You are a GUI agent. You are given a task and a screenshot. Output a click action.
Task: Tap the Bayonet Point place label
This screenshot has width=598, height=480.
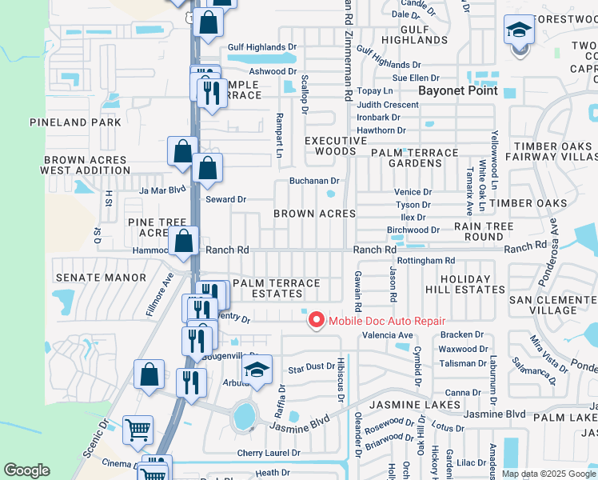pos(459,90)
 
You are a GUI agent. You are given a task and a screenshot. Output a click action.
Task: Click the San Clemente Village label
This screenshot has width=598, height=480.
pos(552,304)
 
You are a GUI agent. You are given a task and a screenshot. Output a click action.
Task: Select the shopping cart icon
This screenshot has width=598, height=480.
pos(138,429)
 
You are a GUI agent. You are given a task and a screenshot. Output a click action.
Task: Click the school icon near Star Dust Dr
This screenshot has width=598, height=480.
pos(257,369)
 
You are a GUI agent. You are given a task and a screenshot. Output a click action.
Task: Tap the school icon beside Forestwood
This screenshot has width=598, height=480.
pos(519,31)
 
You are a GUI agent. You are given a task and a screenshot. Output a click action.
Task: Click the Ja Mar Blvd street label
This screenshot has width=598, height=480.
pos(162,190)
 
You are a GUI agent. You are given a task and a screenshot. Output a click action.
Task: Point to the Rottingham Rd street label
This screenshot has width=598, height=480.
pos(425,261)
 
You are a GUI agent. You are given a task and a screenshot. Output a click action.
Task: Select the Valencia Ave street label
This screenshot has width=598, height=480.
pos(388,335)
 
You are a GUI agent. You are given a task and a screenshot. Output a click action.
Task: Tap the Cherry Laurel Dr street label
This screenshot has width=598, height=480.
pos(269,453)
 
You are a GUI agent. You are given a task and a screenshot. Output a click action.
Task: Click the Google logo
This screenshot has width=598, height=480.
pos(26,470)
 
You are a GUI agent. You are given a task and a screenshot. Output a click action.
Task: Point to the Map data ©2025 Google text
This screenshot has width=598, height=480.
pos(548,474)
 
